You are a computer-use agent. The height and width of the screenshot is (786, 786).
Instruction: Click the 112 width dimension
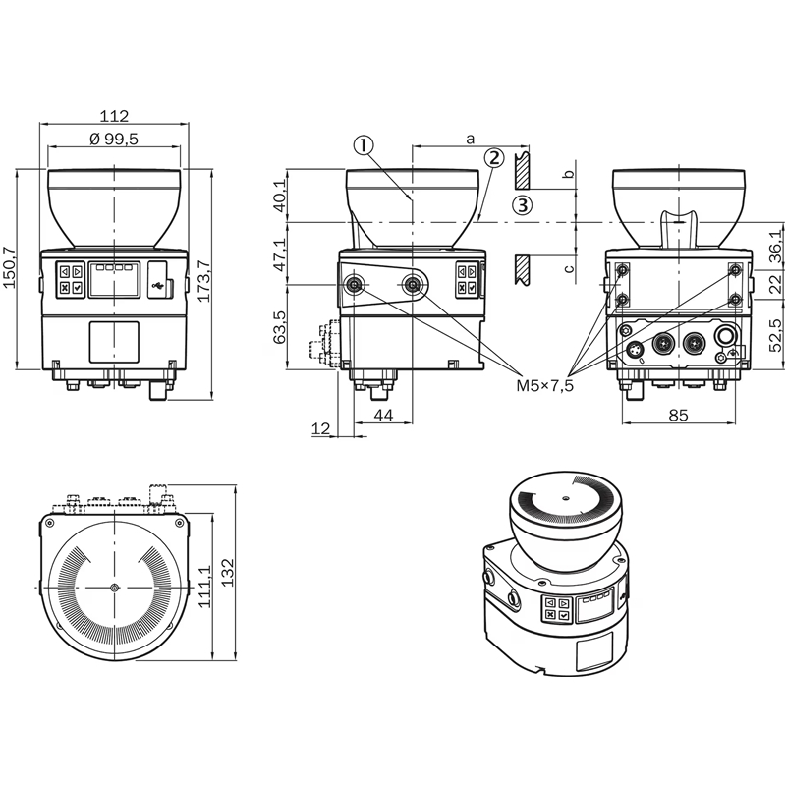114,116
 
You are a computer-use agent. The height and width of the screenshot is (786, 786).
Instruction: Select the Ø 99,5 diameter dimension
114,139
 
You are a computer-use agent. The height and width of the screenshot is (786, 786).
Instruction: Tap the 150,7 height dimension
10,267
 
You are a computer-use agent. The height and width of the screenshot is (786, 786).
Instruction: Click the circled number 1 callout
364,145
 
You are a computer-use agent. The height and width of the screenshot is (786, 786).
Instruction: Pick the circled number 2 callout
494,158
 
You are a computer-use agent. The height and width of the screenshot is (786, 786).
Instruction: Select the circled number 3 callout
523,205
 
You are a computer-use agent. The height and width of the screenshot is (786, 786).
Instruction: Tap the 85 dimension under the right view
678,415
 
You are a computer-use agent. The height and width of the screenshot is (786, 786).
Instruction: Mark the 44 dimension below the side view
383,415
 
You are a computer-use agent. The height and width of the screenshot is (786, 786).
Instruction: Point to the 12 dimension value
321,428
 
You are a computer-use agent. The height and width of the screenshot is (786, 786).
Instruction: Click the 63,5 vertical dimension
280,327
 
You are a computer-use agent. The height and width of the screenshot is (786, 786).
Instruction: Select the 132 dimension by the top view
229,572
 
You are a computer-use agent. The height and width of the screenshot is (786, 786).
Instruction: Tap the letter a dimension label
470,139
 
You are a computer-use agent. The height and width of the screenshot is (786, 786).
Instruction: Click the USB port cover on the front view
160,280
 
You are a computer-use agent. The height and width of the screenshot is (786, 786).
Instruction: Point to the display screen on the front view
114,280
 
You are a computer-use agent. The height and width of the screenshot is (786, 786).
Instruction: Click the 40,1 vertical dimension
280,196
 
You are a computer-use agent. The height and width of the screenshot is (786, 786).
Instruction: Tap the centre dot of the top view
115,587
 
